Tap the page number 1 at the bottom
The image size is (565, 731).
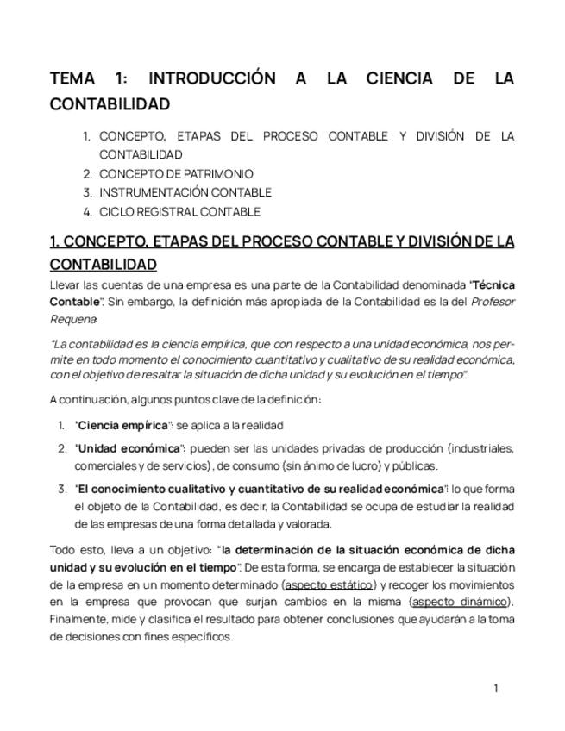tap(496, 688)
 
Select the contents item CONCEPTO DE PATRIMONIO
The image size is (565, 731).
tap(176, 174)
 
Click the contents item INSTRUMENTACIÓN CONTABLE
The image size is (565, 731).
tap(185, 193)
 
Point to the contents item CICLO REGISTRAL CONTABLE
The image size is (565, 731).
tap(179, 212)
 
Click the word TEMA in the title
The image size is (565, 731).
tap(72, 79)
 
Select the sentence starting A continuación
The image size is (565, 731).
tap(185, 399)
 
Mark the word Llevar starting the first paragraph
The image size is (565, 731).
tap(65, 284)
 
